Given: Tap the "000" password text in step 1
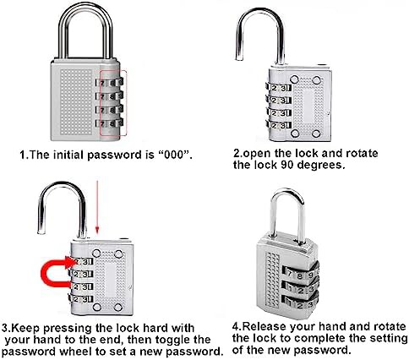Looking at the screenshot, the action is click(174, 155).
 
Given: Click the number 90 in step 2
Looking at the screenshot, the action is click(287, 165).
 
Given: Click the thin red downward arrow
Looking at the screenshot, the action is click(97, 207).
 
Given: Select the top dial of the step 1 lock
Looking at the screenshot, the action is click(109, 82).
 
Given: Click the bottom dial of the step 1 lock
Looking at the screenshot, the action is click(109, 123).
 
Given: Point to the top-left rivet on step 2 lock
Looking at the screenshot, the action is click(294, 79).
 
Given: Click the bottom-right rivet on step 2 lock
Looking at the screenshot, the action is click(316, 134).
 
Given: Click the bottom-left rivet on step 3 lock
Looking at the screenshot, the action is click(96, 307).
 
